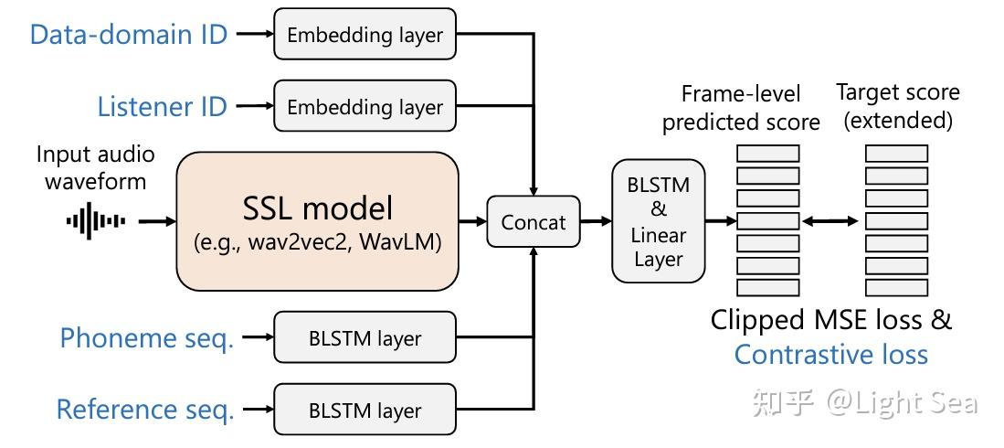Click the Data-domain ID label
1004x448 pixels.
coord(128,35)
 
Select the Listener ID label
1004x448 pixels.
coord(162,107)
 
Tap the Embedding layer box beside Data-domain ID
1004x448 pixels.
coord(365,36)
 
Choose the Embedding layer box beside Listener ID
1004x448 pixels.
coord(365,107)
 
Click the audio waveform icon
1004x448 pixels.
coord(96,220)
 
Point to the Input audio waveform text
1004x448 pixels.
coord(96,167)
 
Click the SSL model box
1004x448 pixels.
coord(317,220)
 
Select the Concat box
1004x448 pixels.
coord(534,221)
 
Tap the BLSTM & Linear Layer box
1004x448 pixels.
coord(658,222)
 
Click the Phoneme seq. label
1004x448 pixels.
coord(147,338)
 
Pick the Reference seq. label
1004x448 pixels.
coord(145,410)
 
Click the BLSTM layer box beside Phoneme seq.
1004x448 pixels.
coord(365,338)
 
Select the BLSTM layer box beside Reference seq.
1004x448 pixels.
coord(365,411)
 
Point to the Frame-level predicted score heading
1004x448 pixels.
coord(741,107)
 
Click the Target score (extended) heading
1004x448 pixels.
coord(897,106)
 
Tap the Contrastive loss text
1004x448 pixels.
coord(830,355)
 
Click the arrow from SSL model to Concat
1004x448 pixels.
coord(472,221)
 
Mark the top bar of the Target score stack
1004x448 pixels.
coord(896,154)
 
